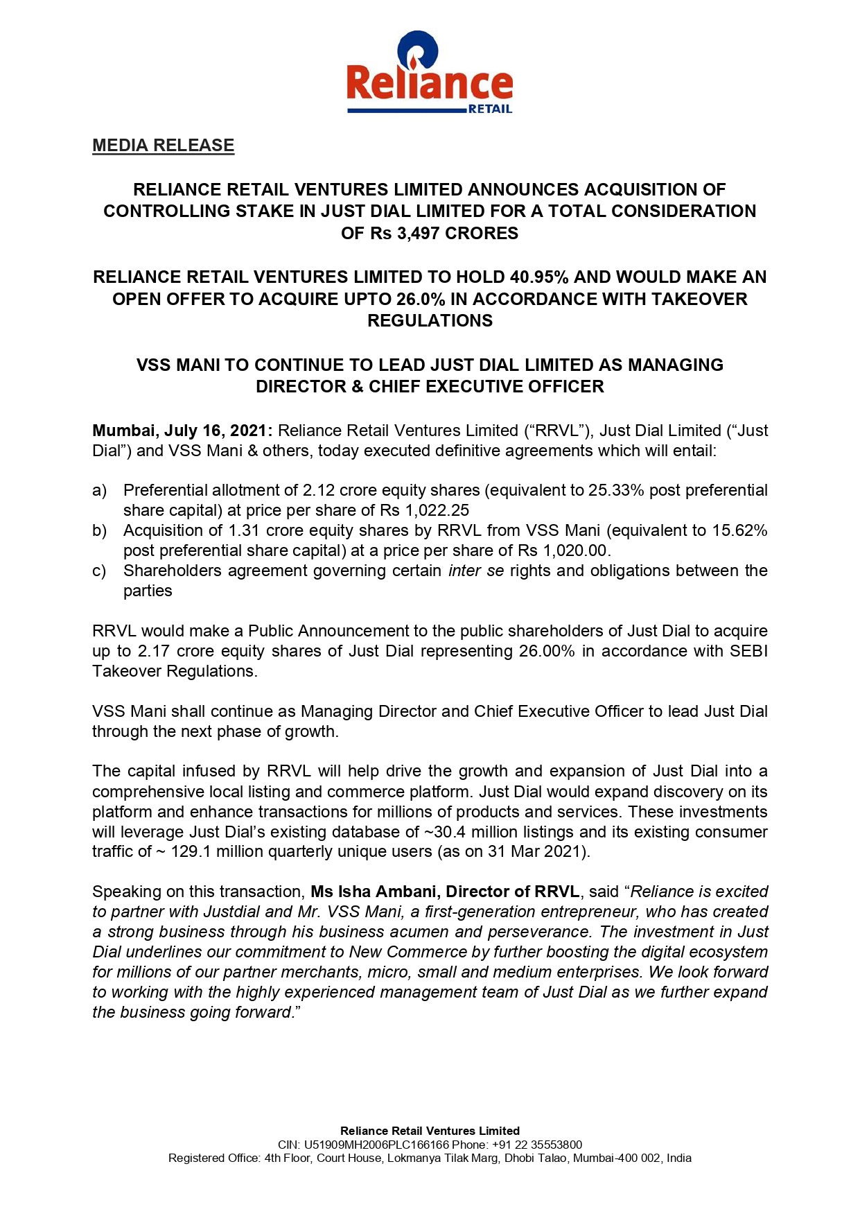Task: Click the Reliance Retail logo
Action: [x=429, y=73]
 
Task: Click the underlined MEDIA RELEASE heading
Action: [x=163, y=146]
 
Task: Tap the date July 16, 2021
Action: [x=214, y=431]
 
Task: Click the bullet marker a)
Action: [x=99, y=491]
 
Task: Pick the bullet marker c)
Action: [x=99, y=571]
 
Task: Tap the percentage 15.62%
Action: [x=739, y=531]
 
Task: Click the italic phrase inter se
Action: [x=475, y=571]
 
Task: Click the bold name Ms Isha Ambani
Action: [x=374, y=892]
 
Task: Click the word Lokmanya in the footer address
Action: [x=414, y=1158]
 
